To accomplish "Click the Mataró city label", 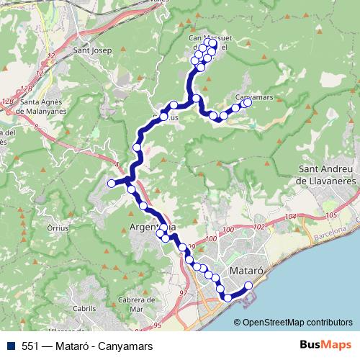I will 248,271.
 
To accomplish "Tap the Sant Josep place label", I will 91,51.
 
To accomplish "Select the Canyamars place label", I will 253,94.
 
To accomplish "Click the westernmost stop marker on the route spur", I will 112,184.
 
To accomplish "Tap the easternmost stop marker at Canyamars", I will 248,102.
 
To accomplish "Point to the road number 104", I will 291,217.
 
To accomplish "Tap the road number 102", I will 259,226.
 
